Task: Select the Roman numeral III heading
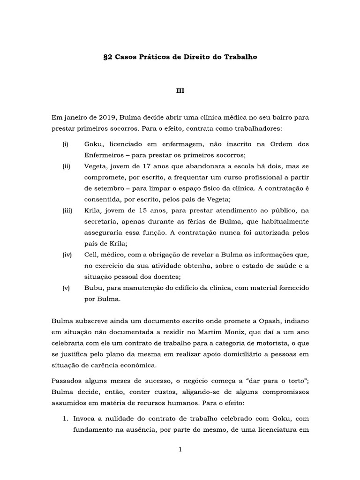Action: point(180,92)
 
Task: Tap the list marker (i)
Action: point(65,144)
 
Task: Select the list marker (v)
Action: point(66,287)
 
